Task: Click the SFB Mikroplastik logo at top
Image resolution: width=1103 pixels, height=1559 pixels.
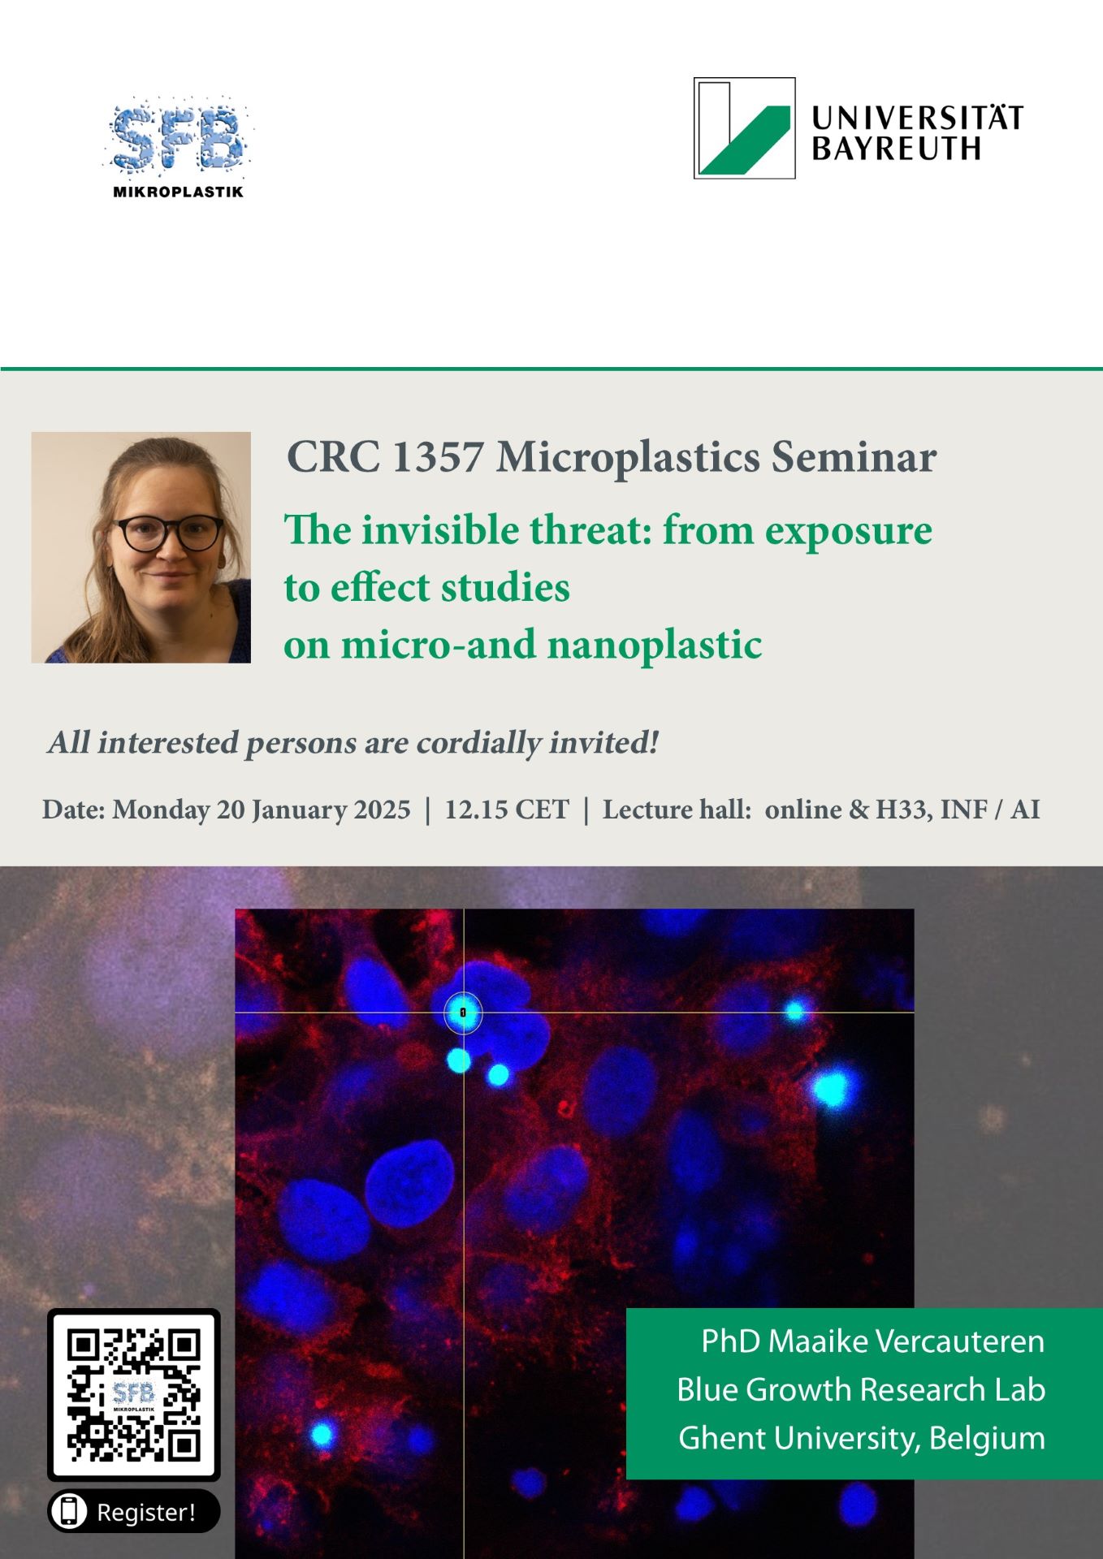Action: tap(179, 148)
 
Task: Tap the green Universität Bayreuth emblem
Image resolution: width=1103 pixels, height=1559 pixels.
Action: tap(744, 128)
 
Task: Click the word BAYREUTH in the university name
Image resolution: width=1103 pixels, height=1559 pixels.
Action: tap(896, 149)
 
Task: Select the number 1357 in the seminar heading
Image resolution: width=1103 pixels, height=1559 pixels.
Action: tap(438, 456)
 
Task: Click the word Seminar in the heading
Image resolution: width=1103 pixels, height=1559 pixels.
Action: tap(854, 456)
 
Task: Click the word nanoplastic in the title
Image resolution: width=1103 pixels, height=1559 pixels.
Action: tap(655, 646)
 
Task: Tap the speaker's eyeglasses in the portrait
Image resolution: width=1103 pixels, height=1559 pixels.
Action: tap(170, 533)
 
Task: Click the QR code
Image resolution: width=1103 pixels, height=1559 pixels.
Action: tap(134, 1395)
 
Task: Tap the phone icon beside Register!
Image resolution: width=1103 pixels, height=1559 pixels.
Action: tap(69, 1511)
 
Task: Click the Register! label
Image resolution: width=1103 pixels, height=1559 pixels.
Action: tap(146, 1512)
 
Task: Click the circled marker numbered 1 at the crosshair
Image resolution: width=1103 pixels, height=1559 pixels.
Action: tap(463, 1013)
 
